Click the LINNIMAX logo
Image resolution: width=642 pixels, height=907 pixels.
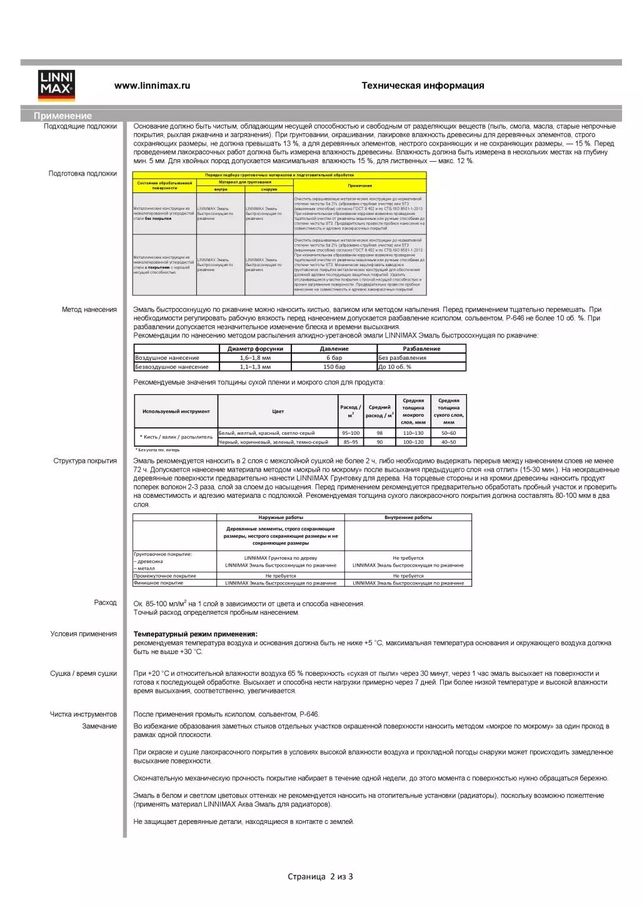point(56,86)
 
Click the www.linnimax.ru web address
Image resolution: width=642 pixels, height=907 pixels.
point(152,86)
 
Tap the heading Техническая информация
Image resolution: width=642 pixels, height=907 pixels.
point(423,86)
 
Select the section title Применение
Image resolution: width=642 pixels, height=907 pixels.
point(63,116)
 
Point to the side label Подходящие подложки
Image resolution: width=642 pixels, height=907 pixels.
point(80,126)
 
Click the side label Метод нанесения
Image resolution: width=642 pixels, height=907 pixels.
point(89,309)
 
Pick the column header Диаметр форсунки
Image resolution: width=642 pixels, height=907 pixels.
point(255,349)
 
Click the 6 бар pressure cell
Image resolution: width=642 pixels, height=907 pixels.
point(334,358)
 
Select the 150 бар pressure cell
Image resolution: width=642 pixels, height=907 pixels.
point(334,367)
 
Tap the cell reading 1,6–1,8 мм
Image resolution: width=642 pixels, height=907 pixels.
point(255,358)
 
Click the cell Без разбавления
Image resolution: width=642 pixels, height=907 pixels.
point(403,358)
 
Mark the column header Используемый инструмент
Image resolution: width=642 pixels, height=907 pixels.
point(176,411)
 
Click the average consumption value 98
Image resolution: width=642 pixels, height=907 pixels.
point(379,433)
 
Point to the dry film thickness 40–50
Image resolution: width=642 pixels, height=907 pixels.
point(449,442)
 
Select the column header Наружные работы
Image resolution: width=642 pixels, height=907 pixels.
point(281,517)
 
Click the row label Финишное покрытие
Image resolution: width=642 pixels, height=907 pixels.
point(159,583)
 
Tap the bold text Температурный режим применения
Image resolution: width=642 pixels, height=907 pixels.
point(195,634)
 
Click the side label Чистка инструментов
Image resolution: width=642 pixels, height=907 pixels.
point(83,714)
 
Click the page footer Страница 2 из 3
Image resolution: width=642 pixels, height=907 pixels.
point(320,876)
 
